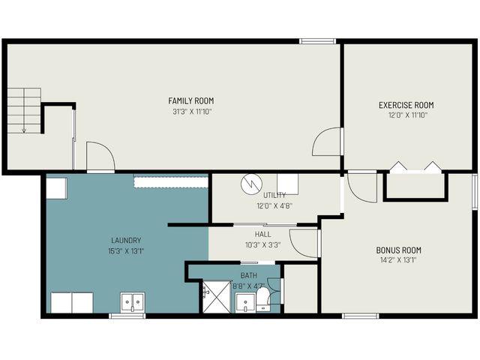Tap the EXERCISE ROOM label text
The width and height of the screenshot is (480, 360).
click(x=406, y=105)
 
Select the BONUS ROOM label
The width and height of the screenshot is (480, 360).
click(x=398, y=250)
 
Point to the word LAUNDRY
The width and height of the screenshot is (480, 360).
click(x=126, y=240)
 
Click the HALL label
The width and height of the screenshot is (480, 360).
click(x=262, y=234)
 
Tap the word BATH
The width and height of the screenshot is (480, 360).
click(x=248, y=275)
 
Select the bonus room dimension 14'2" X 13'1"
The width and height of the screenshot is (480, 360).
click(x=398, y=261)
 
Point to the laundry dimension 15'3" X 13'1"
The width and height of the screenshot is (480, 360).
click(x=126, y=250)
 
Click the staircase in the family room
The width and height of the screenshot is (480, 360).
click(x=24, y=110)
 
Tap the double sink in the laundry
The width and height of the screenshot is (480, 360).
click(x=133, y=302)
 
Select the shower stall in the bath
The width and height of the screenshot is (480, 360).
click(x=216, y=297)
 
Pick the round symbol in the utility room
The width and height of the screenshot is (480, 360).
click(x=250, y=184)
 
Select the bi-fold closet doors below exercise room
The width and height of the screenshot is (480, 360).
click(x=416, y=167)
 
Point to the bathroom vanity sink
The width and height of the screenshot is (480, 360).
click(x=244, y=303)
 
